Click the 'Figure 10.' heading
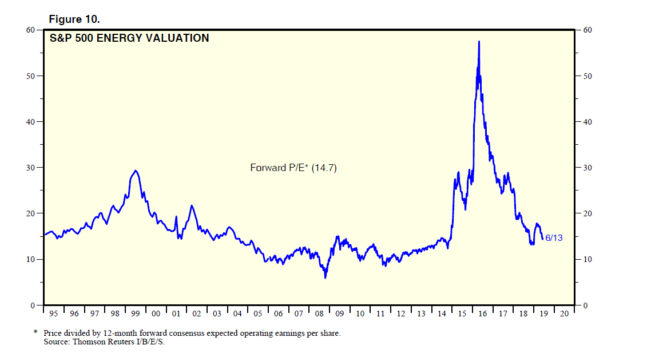click(74, 19)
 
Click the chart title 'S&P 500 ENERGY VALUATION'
click(129, 39)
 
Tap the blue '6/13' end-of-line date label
click(554, 238)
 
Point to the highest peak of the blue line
click(478, 42)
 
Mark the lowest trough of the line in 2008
click(325, 277)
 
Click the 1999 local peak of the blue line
click(135, 170)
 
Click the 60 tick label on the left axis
click(32, 30)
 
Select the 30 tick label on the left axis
click(32, 168)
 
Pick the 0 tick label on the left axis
click(34, 306)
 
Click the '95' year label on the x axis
click(54, 314)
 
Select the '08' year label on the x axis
click(319, 314)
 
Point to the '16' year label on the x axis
click(483, 314)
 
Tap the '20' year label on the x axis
click(565, 314)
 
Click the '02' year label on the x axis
click(197, 314)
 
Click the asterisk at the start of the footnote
click(35, 332)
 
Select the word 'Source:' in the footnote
click(56, 342)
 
